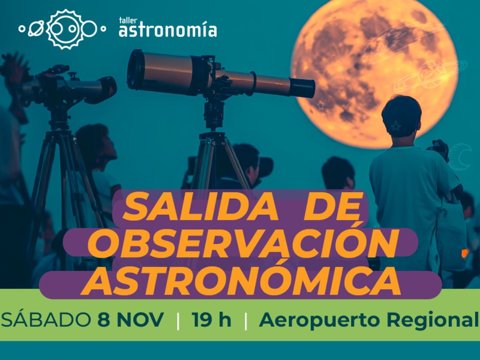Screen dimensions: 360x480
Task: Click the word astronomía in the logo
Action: click(167, 30)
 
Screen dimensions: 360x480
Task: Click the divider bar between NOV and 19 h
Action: click(178, 322)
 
